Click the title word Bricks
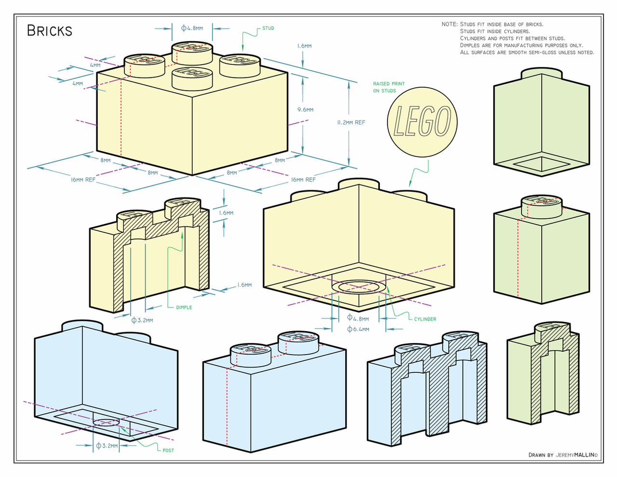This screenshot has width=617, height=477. coord(49,31)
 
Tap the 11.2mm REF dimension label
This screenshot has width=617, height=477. coord(351,122)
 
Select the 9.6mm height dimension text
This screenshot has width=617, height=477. coord(305,110)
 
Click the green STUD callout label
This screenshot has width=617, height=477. coord(268,28)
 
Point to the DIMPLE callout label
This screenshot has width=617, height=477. coord(184,307)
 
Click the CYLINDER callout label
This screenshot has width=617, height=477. coord(425,319)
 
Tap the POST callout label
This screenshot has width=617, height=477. coord(168,450)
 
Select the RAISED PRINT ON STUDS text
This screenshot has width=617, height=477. coord(389,87)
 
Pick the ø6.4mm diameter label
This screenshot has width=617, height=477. coord(358,330)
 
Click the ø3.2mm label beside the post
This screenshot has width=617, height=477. coord(107,446)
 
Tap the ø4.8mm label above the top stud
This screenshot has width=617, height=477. coord(192,28)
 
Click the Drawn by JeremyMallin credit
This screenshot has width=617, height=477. coord(563,455)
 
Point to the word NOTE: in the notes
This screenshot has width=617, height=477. coord(449,24)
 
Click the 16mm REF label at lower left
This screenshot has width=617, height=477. coord(83,180)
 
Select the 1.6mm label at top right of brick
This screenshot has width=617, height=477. coord(304,46)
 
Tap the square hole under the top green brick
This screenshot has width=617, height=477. coord(541,164)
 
